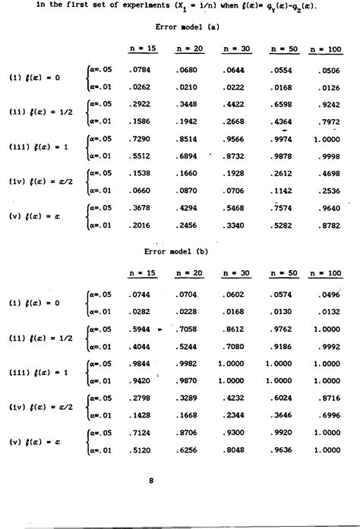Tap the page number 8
click(x=151, y=480)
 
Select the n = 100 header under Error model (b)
click(x=326, y=272)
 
